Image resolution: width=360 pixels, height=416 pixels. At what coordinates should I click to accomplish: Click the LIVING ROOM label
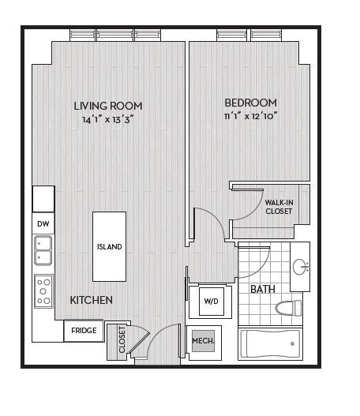point(108,106)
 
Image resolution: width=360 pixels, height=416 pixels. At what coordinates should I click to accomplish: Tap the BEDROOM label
point(251,103)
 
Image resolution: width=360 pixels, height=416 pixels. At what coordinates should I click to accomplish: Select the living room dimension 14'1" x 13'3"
point(107,120)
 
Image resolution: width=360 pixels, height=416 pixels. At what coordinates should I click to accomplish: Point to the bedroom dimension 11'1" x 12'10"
point(251,116)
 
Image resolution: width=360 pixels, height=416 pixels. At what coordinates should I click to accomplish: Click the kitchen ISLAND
point(109,246)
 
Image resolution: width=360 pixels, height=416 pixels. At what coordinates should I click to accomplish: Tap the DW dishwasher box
point(43,223)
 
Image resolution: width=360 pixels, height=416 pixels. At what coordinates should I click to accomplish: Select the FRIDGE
point(84,331)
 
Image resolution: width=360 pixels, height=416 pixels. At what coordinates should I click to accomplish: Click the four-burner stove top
point(43,291)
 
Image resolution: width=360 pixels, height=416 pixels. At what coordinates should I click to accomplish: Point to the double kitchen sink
point(43,250)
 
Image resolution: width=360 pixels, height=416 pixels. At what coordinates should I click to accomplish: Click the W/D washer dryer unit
point(211,301)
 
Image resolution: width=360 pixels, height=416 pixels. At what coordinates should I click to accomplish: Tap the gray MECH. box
point(203,341)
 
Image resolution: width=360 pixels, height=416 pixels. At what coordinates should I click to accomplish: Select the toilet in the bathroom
point(288,308)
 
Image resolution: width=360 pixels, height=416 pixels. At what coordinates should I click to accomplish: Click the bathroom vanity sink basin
point(301,267)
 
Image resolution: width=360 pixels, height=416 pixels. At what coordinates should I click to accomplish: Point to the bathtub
point(270,344)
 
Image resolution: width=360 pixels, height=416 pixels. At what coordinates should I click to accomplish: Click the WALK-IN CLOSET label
point(279,207)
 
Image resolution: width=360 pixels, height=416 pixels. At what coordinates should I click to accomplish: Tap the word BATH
point(263,289)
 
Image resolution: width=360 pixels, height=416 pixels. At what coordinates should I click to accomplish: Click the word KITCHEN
point(92,300)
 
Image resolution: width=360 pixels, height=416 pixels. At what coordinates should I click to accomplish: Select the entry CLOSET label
point(122,339)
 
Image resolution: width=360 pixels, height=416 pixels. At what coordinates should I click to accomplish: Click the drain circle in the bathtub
point(292,343)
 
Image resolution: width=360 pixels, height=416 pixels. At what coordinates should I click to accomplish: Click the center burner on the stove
point(43,291)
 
